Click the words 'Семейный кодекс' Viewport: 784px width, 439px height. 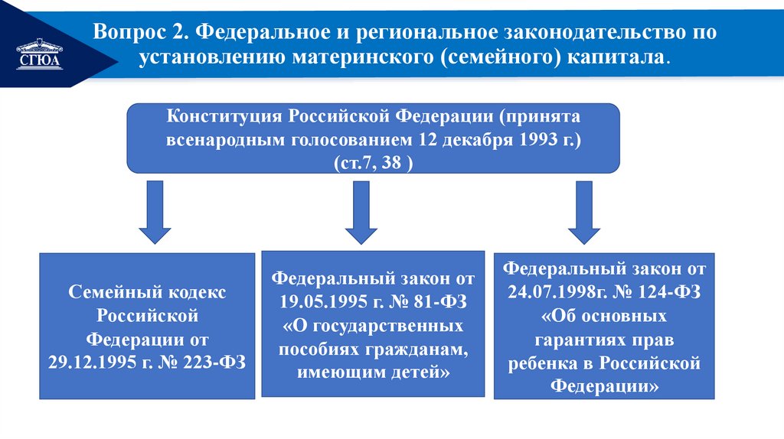(148, 293)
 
